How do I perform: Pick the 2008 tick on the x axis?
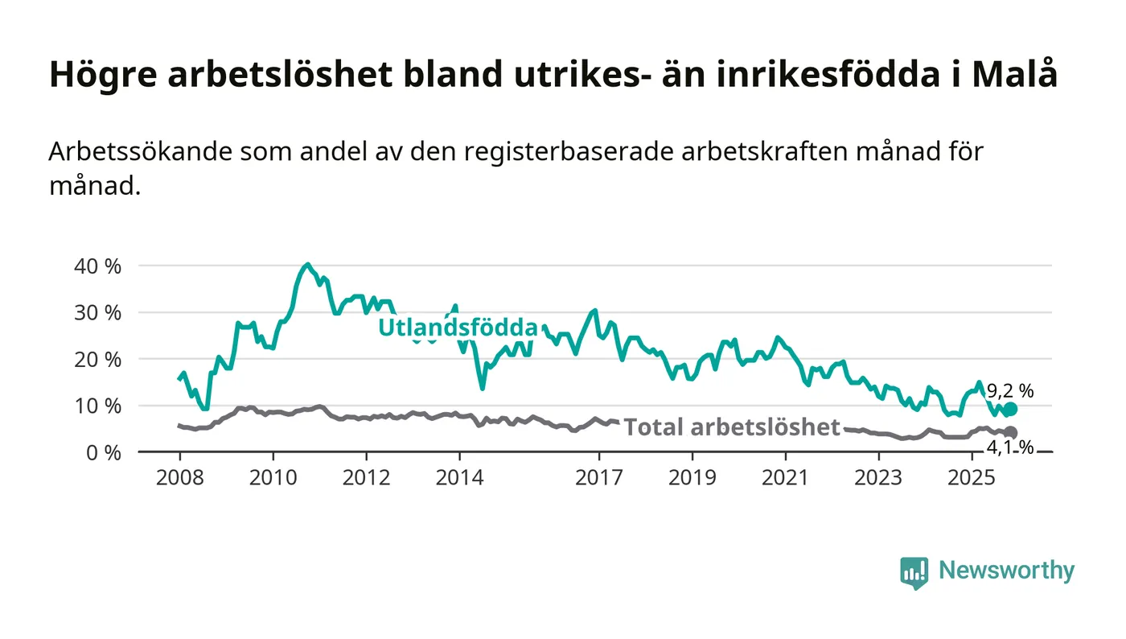179,478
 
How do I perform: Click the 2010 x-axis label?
273,478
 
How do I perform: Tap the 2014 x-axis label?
459,478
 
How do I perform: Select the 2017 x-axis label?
598,478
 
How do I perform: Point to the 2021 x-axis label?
785,478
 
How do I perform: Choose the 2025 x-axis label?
971,478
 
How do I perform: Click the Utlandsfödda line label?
458,328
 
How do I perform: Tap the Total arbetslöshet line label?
732,427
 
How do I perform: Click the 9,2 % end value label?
1010,392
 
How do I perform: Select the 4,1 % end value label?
1011,447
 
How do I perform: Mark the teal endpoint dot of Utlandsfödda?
1010,409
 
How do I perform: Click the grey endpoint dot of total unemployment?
1010,433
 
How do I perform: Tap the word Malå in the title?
1014,75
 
